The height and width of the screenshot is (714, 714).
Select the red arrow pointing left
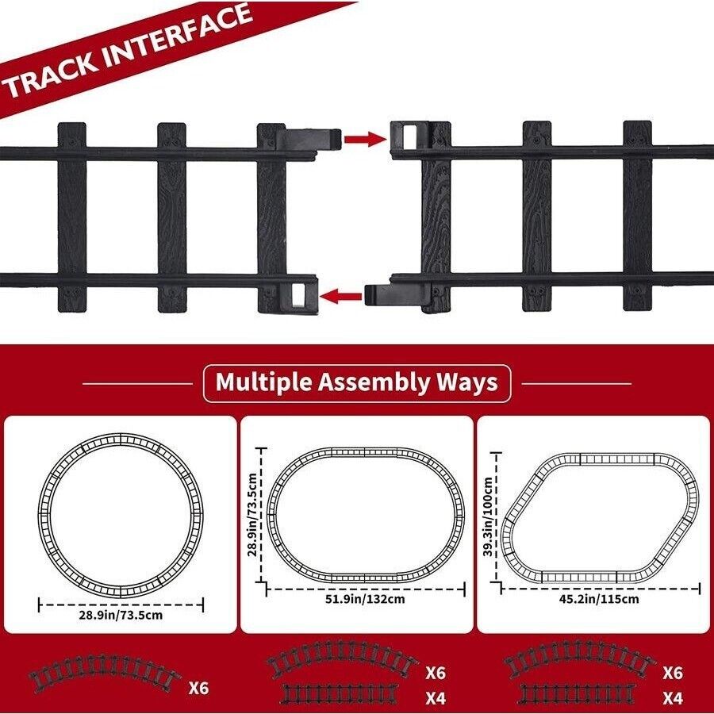click(340, 297)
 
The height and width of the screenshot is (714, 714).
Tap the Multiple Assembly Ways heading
click(357, 382)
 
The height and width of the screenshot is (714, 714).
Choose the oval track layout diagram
click(365, 512)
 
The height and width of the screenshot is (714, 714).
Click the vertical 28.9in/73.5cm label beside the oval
click(253, 515)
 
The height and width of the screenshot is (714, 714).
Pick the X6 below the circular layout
click(199, 687)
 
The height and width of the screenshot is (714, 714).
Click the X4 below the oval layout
click(436, 699)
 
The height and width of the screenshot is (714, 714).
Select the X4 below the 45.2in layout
click(673, 699)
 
